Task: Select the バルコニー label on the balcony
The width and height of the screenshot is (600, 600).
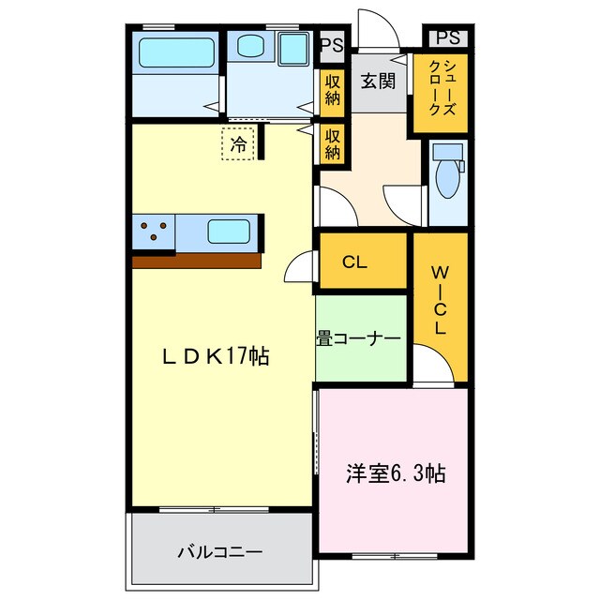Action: pos(220,552)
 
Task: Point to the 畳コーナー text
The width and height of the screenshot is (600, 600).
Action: pos(358,337)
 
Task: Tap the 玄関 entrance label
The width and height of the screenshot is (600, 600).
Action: pos(380,81)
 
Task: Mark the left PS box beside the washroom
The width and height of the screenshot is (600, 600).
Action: pos(331,43)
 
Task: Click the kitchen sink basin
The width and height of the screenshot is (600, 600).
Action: pos(228,231)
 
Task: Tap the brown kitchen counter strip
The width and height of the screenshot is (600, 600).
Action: pos(196,262)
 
